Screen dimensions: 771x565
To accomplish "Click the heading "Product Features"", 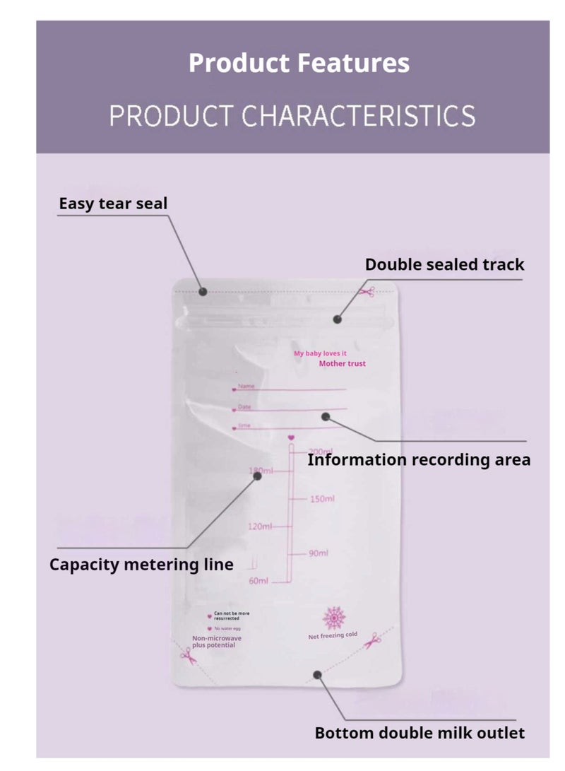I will tap(299, 63).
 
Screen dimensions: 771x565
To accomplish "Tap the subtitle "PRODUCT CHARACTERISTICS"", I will tap(292, 115).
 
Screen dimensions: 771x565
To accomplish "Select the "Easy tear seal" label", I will tap(113, 204).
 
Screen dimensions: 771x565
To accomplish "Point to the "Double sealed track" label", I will tap(444, 264).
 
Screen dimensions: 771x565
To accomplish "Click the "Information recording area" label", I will tap(419, 460).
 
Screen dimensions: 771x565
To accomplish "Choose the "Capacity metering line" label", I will tap(141, 565).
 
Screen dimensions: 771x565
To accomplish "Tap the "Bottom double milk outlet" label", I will tap(420, 733).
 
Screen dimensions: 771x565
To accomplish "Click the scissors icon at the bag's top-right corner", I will tap(367, 291).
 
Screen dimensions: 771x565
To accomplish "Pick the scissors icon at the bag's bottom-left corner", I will tap(186, 655).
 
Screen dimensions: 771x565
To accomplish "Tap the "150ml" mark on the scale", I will tap(322, 499).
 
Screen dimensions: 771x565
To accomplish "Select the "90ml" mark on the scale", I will tap(319, 553).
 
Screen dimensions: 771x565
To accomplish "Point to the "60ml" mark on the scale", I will tap(258, 581).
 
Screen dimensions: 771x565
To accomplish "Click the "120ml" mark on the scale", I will tap(260, 526).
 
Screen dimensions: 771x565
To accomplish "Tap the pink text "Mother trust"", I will tap(342, 364).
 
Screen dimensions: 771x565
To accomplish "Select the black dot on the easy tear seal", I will tap(203, 291).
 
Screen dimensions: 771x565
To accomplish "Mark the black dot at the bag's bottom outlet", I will tap(319, 675).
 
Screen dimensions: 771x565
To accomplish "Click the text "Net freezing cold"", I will tap(333, 636).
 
